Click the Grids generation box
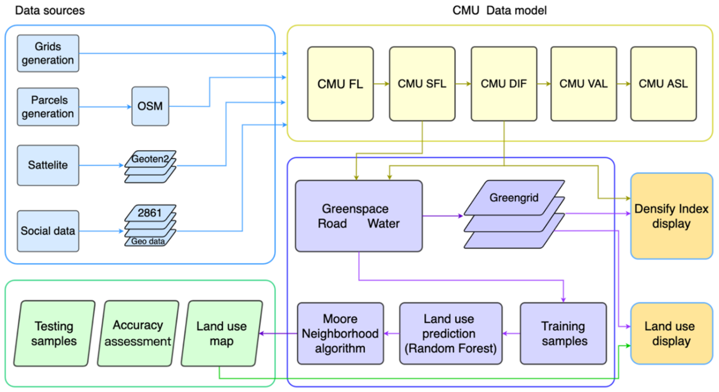click(x=48, y=53)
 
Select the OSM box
click(x=150, y=106)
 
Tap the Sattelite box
click(x=48, y=165)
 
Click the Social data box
click(x=48, y=231)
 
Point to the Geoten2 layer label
click(x=150, y=159)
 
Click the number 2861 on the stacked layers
click(x=150, y=213)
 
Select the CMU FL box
click(x=340, y=84)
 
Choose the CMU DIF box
click(x=504, y=84)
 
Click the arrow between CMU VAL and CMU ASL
click(x=624, y=84)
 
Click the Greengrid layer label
click(x=514, y=198)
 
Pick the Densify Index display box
click(x=671, y=216)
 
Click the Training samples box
click(x=563, y=333)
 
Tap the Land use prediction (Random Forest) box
click(x=450, y=333)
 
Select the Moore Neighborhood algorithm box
click(x=340, y=333)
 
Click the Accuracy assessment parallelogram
click(x=138, y=333)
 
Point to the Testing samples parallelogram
click(x=54, y=333)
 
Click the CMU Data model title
click(x=499, y=11)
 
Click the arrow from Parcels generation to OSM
click(x=105, y=107)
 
